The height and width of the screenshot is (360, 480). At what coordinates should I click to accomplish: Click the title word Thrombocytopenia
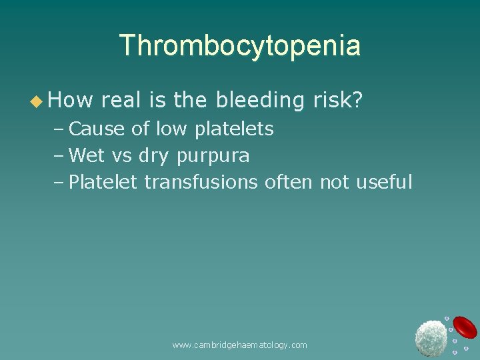240,45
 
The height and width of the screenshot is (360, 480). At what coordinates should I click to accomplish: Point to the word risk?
337,101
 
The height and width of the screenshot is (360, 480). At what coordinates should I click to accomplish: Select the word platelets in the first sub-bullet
234,129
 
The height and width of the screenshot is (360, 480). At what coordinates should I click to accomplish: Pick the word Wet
87,155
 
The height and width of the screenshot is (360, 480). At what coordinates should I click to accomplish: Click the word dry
154,156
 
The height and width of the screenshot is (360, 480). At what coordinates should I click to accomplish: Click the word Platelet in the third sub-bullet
103,181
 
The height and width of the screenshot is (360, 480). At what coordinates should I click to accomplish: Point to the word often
289,181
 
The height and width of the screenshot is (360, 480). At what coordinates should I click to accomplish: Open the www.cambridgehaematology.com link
239,345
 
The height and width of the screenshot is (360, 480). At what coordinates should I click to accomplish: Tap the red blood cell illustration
465,327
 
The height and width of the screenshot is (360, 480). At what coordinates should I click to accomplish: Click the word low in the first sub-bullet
172,129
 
